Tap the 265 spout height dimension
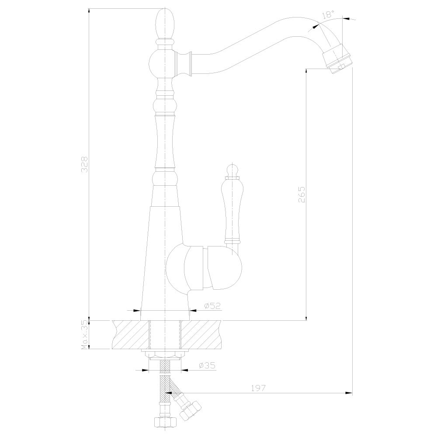coord(302,194)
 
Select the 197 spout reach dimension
coord(258,388)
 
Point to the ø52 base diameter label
coord(212,306)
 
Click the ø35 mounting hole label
coord(207,365)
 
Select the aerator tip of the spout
coord(337,61)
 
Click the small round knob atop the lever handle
coord(232,170)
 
